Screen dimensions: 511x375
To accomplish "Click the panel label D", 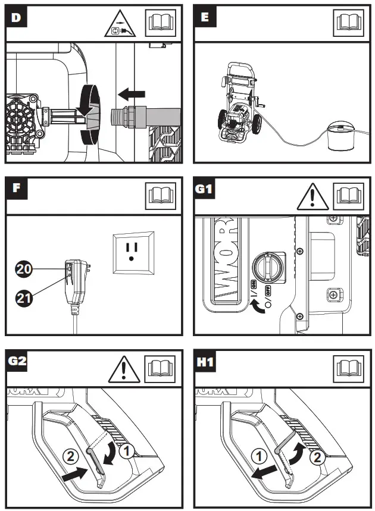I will click(16, 17).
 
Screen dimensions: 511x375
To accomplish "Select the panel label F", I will click(16, 189).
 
